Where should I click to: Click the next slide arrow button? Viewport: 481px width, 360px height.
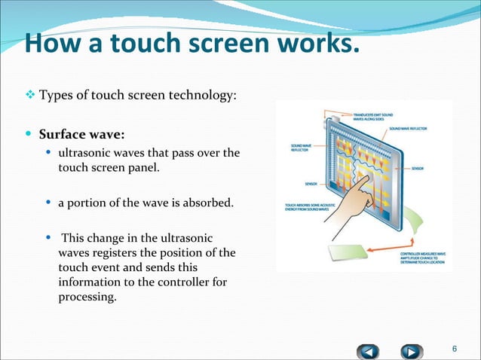[410, 350]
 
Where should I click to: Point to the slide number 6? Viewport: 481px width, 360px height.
[454, 348]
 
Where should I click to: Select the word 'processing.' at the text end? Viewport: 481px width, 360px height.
[87, 297]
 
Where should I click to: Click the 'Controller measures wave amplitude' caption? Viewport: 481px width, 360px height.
[422, 259]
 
